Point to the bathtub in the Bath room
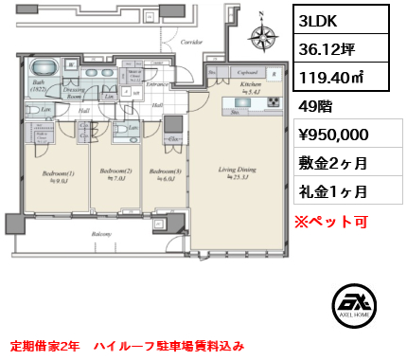(x=44, y=72)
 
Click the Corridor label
(x=192, y=42)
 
